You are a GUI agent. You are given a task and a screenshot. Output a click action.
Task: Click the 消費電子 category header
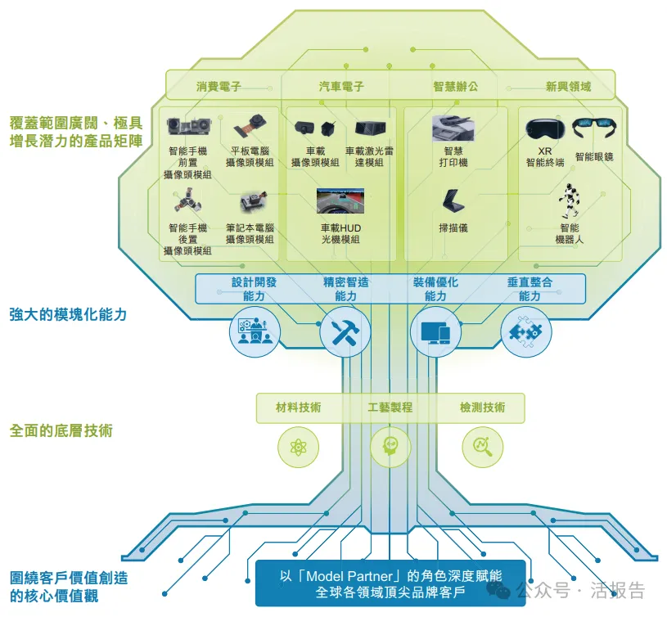pyautogui.click(x=219, y=86)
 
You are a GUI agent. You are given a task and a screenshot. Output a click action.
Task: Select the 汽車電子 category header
pyautogui.click(x=341, y=86)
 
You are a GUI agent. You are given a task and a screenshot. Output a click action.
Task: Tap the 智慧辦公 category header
pyautogui.click(x=455, y=86)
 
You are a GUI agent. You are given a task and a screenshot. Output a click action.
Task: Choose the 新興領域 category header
pyautogui.click(x=568, y=86)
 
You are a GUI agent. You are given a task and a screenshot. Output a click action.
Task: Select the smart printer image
pyautogui.click(x=454, y=128)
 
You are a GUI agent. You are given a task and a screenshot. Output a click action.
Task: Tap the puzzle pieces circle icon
pyautogui.click(x=525, y=331)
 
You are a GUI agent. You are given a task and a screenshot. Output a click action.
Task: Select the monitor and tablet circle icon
pyautogui.click(x=435, y=331)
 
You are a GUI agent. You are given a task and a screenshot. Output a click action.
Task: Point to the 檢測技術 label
pyautogui.click(x=482, y=407)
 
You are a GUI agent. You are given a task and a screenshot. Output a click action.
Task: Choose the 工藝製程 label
pyautogui.click(x=390, y=407)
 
